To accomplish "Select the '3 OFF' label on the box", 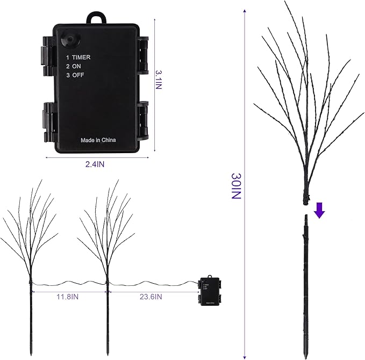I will (x=76, y=75).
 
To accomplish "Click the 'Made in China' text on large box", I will (x=98, y=140).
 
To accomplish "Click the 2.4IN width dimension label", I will (x=95, y=165).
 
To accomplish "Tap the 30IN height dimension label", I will (x=235, y=186).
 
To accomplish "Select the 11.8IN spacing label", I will (x=69, y=296).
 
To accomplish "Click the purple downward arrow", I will (x=320, y=210).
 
